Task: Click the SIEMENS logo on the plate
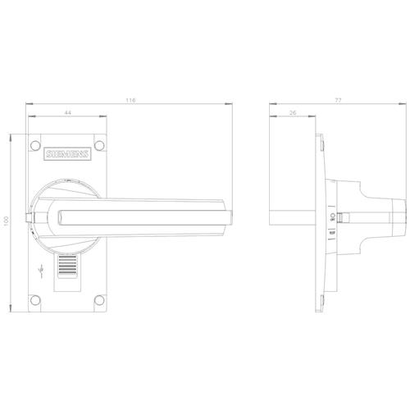[67, 154]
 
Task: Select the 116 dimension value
[130, 100]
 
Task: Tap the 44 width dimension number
[67, 112]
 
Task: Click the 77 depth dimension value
[338, 100]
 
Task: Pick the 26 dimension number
[293, 112]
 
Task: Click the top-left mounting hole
[35, 145]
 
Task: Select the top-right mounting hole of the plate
[99, 145]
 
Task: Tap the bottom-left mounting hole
[35, 300]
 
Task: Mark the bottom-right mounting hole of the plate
[99, 300]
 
